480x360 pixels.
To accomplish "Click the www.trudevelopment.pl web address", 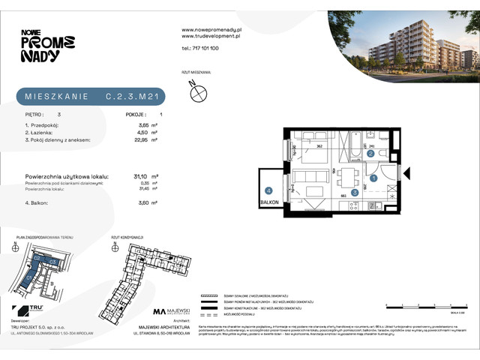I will (x=211, y=35).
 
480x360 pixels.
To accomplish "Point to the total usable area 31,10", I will (x=139, y=175).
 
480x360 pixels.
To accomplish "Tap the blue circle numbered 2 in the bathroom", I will (x=371, y=154).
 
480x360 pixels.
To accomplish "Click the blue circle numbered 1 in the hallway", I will (x=373, y=178).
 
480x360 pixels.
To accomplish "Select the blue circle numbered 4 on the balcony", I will (x=268, y=191).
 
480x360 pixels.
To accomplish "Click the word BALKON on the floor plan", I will (x=269, y=202).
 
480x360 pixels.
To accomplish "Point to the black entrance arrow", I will (x=406, y=174).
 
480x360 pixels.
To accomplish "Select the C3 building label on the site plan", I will (x=53, y=261).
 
